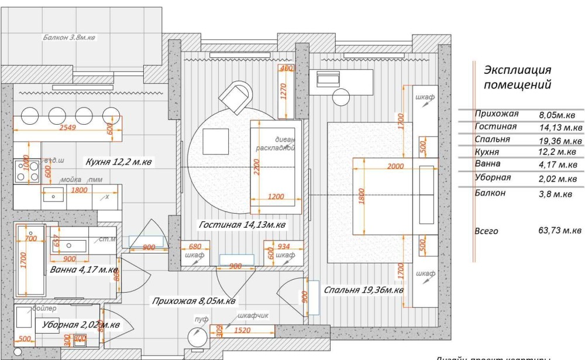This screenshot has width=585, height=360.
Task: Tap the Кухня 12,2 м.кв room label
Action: [x=119, y=162]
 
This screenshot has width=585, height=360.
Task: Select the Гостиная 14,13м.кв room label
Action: [x=242, y=225]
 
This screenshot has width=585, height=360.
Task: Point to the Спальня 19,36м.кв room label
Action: [x=363, y=289]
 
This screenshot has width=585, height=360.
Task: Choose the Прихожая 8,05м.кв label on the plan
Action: [x=194, y=301]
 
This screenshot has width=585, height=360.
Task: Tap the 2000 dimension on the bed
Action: [x=395, y=167]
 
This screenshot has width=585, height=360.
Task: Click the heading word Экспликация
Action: [x=518, y=71]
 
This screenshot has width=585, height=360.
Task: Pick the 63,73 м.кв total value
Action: [x=560, y=231]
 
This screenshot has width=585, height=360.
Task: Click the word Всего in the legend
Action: [x=487, y=231]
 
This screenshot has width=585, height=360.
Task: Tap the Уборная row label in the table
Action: [x=493, y=178]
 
